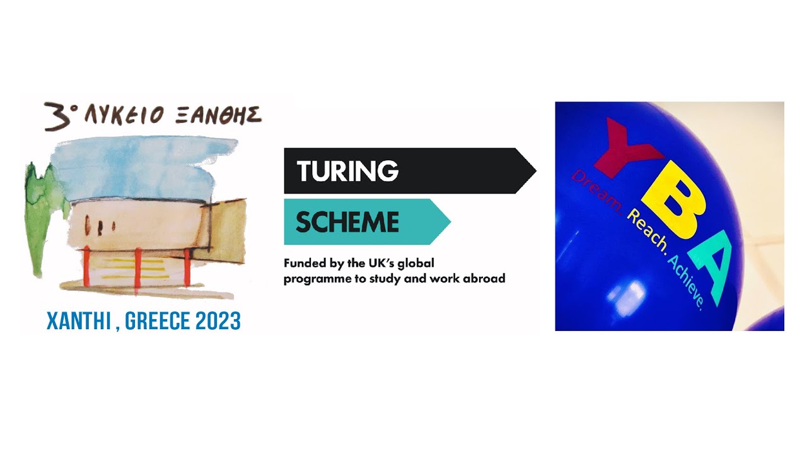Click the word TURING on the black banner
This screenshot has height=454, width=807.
(347, 171)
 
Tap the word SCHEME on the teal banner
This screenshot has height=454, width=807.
(347, 222)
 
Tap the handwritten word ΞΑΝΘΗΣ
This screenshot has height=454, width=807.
(218, 115)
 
